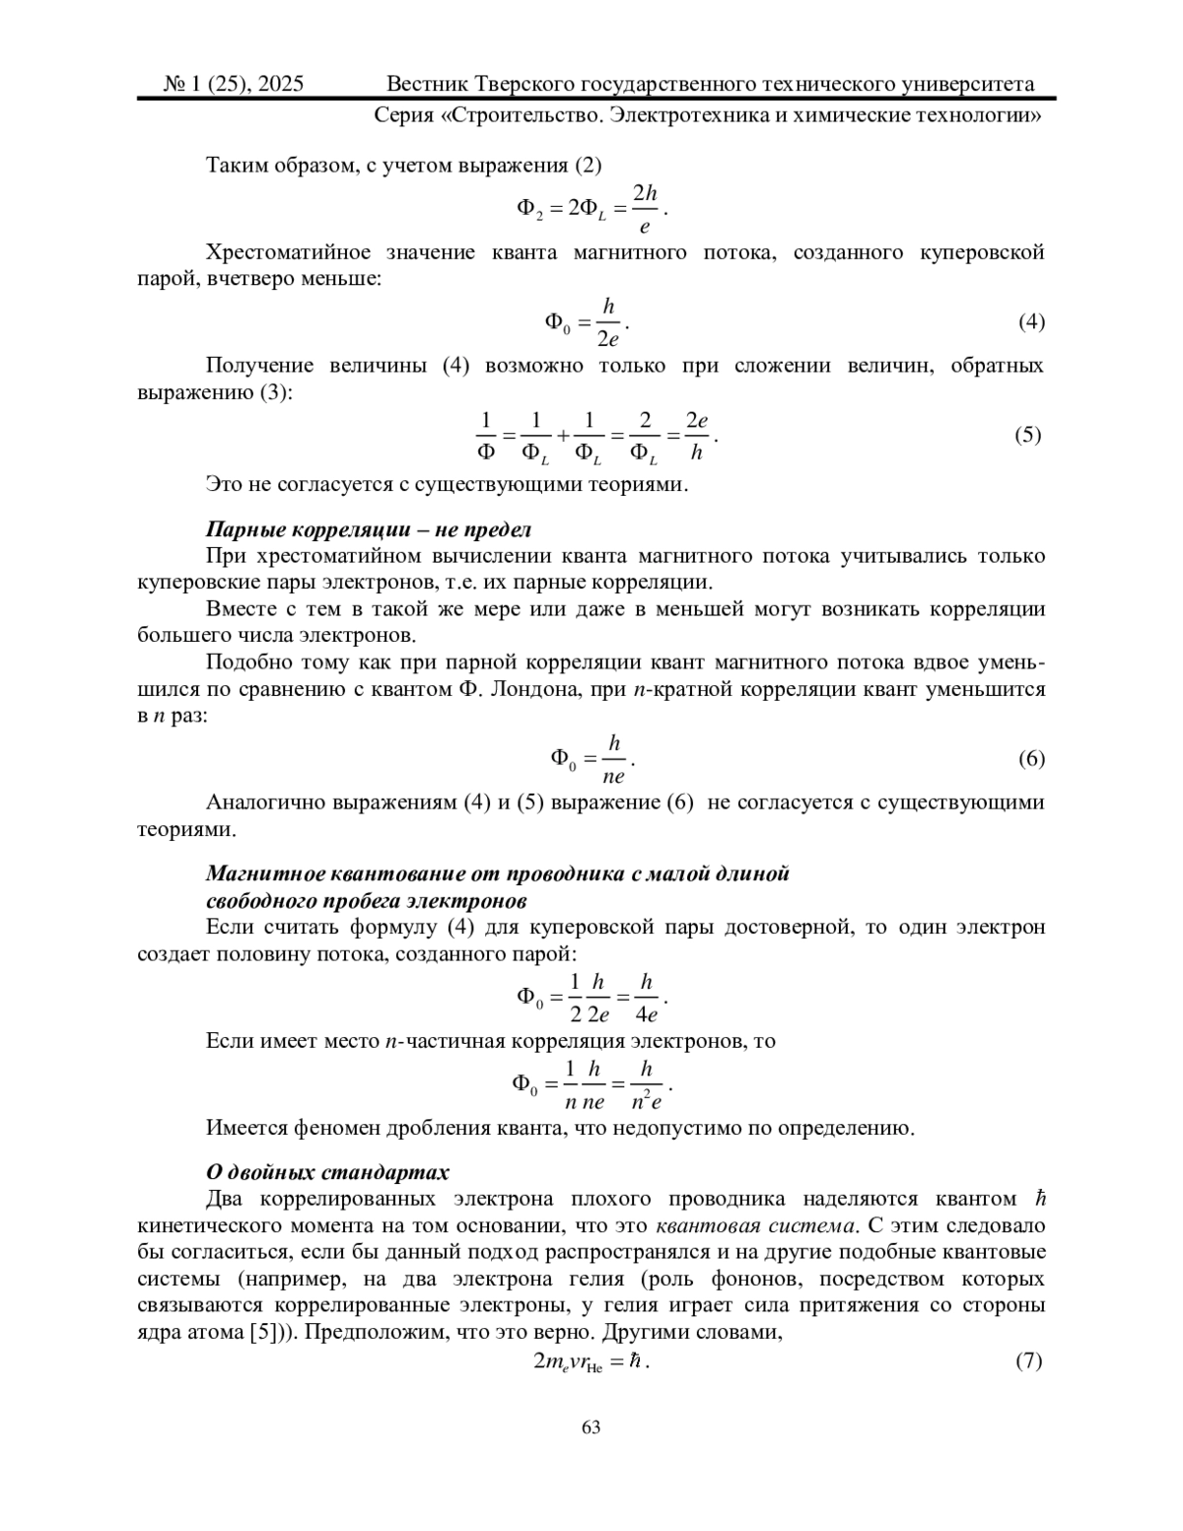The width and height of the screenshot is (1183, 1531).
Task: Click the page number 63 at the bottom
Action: tap(591, 1427)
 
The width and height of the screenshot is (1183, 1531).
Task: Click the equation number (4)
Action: tap(1031, 321)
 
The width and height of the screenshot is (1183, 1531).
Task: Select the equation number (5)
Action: tap(1028, 434)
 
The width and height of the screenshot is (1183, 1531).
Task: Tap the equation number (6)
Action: tap(1031, 758)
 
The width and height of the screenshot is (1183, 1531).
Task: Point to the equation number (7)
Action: tap(1028, 1361)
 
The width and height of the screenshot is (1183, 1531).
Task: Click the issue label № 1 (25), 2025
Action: tap(234, 84)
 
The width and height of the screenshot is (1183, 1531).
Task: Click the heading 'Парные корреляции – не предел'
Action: tap(369, 530)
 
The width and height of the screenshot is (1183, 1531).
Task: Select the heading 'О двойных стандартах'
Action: tap(327, 1172)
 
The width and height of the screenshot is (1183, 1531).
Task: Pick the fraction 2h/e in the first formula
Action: tap(645, 209)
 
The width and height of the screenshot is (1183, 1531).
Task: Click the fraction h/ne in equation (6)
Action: tap(613, 759)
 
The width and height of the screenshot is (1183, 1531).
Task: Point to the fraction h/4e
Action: tap(647, 998)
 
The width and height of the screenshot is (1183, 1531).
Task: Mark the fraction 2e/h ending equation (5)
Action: tap(697, 436)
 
